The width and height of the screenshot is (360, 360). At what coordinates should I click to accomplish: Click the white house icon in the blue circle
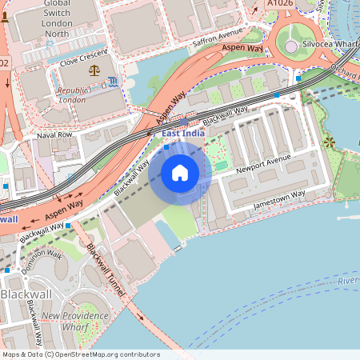[180, 172]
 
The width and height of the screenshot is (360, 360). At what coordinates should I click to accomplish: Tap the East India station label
[182, 133]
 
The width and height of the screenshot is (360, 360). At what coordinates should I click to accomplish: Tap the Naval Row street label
[54, 135]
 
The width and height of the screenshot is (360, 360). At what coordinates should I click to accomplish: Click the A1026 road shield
[279, 4]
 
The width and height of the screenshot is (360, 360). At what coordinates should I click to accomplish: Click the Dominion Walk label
[42, 262]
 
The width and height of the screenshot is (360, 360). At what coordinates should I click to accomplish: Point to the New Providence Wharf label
[76, 322]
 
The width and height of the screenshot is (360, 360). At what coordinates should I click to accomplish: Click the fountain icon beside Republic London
[112, 81]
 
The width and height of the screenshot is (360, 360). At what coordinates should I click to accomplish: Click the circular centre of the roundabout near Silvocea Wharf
[291, 47]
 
